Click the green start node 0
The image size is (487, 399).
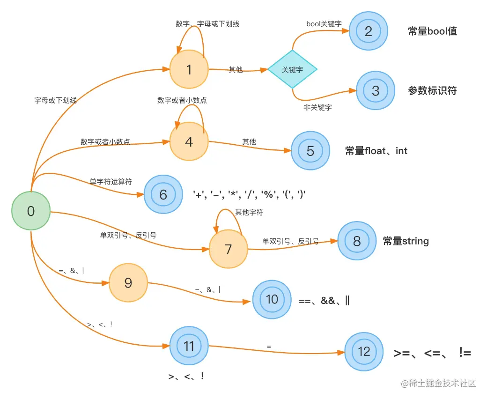(x=31, y=211)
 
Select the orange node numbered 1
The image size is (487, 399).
(x=189, y=69)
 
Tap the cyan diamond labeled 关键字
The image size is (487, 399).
(x=292, y=69)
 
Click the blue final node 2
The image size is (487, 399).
(x=369, y=31)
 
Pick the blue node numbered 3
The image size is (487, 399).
(x=375, y=90)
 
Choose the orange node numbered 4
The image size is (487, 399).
(x=189, y=141)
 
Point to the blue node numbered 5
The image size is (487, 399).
(x=310, y=151)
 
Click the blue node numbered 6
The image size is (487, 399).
(x=163, y=194)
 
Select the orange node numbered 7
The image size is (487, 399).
(x=228, y=249)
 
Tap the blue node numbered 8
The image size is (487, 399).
(x=357, y=241)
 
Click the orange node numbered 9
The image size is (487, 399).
(x=128, y=283)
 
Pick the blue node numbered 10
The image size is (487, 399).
(x=272, y=299)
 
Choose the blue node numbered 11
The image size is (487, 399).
(x=189, y=346)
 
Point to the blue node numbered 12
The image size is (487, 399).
(x=364, y=352)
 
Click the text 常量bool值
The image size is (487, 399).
(x=432, y=31)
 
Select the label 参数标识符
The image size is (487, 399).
(x=432, y=91)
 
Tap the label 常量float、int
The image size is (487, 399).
(x=376, y=151)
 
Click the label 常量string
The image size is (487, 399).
(x=406, y=241)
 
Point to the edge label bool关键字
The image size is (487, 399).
(x=324, y=23)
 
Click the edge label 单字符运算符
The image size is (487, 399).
(x=111, y=182)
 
